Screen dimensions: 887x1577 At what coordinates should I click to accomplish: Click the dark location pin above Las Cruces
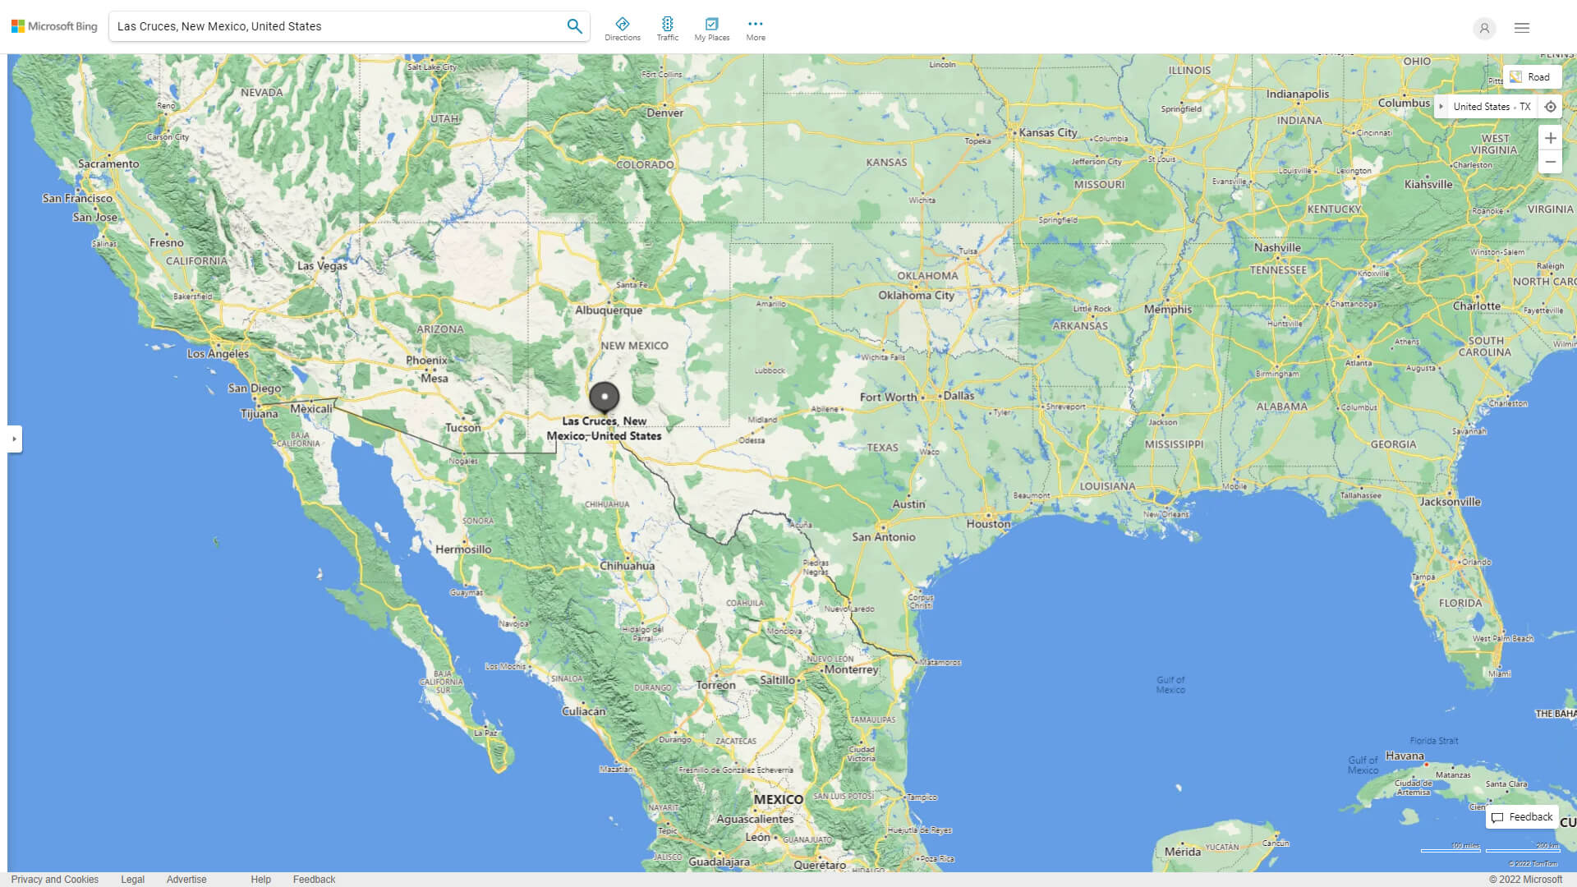(x=604, y=397)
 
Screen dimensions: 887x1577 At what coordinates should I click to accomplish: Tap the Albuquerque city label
(x=609, y=310)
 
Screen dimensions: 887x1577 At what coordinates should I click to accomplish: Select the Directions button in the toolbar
(x=622, y=29)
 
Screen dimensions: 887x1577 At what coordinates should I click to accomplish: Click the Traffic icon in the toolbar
(x=667, y=29)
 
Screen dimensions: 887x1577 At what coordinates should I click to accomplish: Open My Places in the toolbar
(x=711, y=29)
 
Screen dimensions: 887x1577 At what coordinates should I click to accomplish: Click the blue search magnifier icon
(x=574, y=26)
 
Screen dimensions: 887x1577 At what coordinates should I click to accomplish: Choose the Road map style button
(x=1531, y=77)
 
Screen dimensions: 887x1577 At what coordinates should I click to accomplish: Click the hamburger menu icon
(x=1521, y=28)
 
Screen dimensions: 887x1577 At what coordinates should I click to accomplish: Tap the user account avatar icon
(x=1483, y=28)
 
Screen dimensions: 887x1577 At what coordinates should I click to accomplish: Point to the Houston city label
(x=988, y=524)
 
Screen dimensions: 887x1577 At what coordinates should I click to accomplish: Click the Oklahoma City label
(x=916, y=296)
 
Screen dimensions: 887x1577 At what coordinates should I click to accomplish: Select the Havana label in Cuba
(x=1405, y=756)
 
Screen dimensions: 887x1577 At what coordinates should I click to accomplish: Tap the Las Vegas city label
(x=322, y=265)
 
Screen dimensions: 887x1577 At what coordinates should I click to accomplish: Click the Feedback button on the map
(x=1522, y=817)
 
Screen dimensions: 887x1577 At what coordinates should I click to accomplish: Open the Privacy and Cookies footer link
(x=55, y=879)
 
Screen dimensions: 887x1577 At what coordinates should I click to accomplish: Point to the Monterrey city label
(x=852, y=669)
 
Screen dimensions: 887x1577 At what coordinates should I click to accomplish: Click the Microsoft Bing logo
(x=54, y=26)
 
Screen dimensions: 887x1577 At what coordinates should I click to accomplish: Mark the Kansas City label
(x=1047, y=132)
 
